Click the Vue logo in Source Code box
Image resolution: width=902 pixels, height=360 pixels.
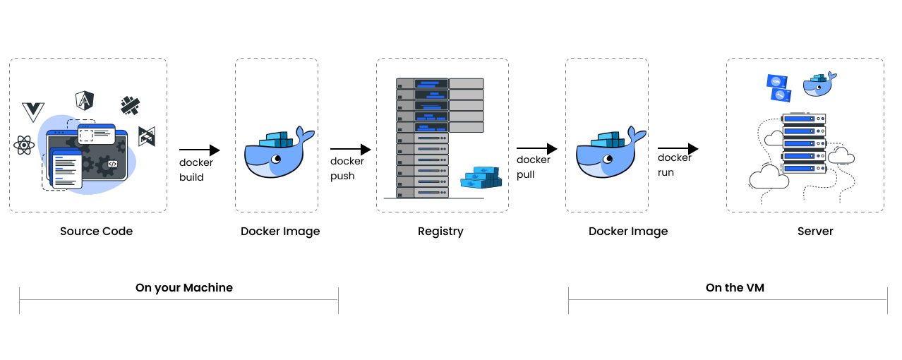[x=33, y=112]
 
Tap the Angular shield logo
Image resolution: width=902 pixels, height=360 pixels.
[x=85, y=101]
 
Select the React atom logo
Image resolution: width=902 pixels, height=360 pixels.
[x=24, y=146]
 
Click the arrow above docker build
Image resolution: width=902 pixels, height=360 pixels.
[x=199, y=150]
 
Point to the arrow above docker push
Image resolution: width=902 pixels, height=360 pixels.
[x=350, y=150]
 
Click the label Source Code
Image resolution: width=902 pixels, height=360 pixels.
[x=96, y=232]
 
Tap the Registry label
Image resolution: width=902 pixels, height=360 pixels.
[x=440, y=232]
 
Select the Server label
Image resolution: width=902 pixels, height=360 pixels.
[x=815, y=232]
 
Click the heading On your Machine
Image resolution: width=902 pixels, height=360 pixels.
[x=184, y=288]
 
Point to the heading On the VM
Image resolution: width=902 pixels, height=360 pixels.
[x=735, y=288]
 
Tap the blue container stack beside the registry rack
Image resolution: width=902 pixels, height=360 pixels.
[x=481, y=178]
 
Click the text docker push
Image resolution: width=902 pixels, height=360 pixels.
[x=347, y=168]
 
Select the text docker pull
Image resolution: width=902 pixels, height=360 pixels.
[x=533, y=167]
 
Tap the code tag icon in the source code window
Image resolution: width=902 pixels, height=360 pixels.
[x=112, y=164]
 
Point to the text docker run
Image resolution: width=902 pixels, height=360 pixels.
[x=674, y=164]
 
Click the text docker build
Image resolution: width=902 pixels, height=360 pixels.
[x=196, y=169]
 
